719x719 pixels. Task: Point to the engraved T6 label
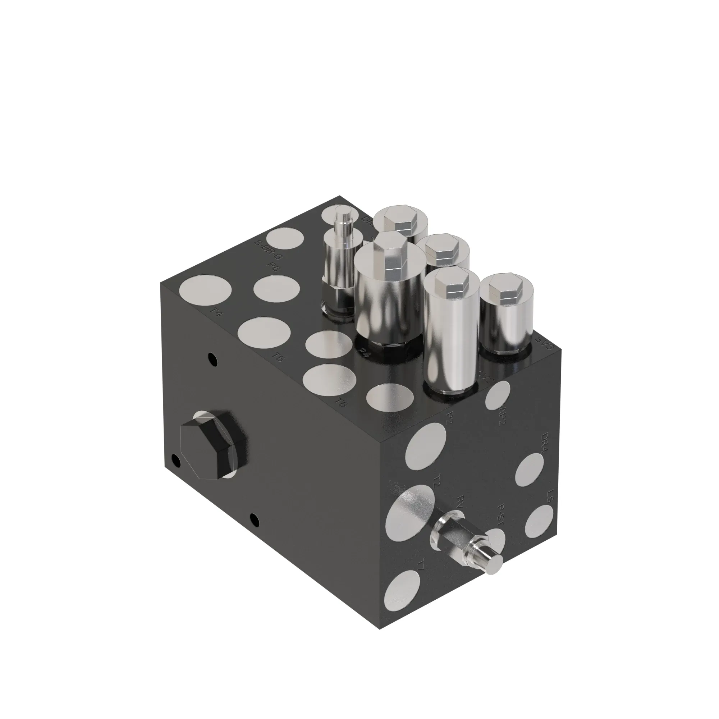(340, 402)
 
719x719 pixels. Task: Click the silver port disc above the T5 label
(264, 331)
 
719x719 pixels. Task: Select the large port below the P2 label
(426, 452)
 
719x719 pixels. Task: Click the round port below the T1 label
(402, 597)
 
